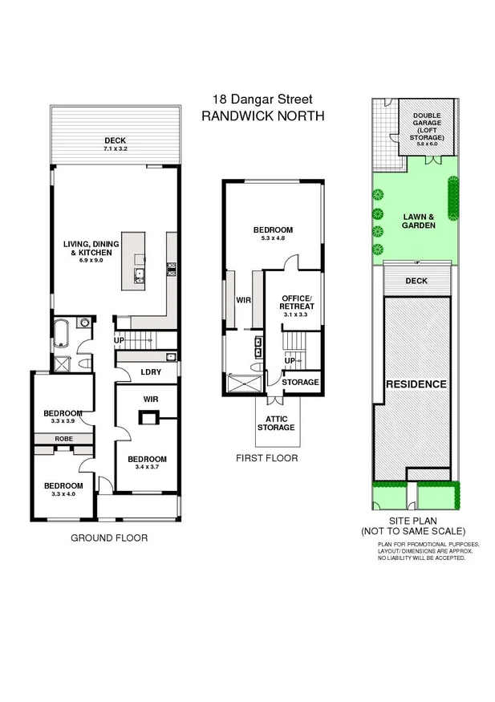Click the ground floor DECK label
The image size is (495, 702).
coord(116,140)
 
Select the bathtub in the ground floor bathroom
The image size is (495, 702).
coord(63,337)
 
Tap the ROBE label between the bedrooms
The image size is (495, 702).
coord(63,439)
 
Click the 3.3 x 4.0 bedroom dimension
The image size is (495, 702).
coord(63,495)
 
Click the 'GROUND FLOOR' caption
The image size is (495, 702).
coord(109,538)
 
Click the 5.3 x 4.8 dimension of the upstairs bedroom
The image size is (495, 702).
coord(274,238)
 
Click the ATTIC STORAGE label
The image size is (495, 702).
coord(276,423)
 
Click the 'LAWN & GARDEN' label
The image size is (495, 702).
coord(418,221)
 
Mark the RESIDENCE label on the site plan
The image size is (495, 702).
coord(416,384)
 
